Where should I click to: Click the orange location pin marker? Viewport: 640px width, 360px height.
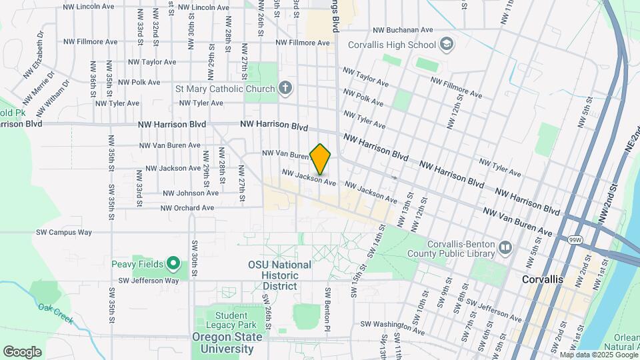[x=321, y=159]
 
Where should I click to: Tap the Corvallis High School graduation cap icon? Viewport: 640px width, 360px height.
[x=447, y=45]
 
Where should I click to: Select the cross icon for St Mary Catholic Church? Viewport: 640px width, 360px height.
[x=285, y=89]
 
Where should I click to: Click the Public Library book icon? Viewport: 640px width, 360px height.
[x=505, y=249]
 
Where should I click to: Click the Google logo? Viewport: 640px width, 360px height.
[x=22, y=351]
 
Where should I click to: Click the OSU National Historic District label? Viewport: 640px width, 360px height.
[x=279, y=275]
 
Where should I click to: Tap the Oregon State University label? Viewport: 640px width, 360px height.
[x=227, y=343]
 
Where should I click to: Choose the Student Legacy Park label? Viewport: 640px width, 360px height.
[x=235, y=320]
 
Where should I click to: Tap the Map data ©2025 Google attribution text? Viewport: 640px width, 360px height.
[x=598, y=355]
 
